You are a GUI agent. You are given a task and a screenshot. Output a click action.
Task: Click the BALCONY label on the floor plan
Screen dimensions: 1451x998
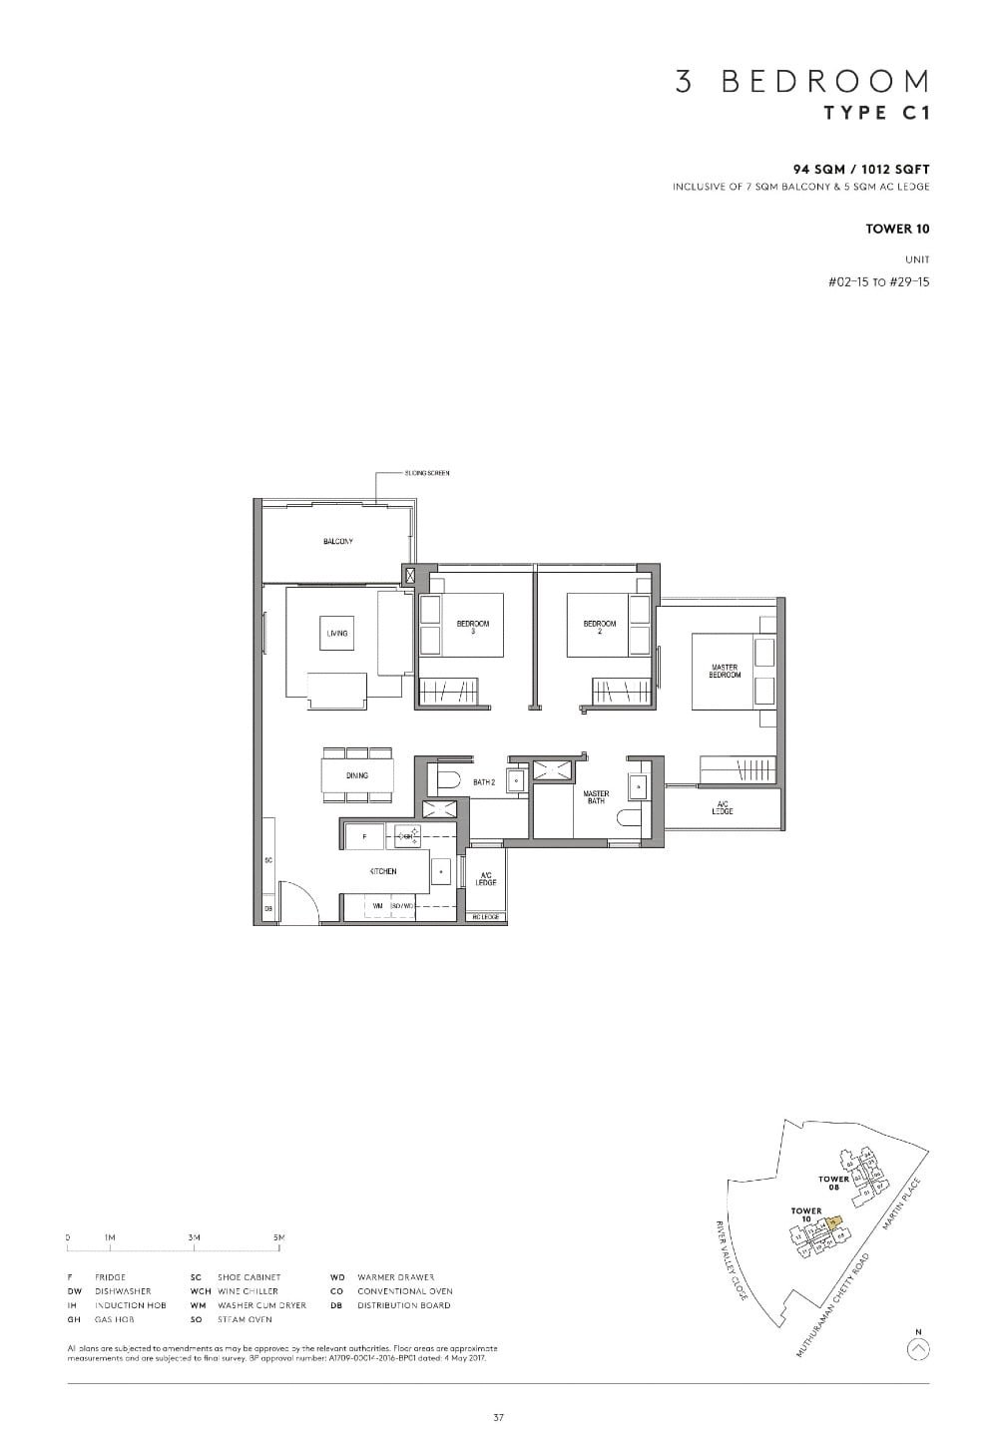(x=337, y=542)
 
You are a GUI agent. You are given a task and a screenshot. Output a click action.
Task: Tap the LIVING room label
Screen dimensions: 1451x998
(x=337, y=633)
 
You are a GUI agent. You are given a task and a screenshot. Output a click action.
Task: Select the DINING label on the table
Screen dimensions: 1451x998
(x=356, y=775)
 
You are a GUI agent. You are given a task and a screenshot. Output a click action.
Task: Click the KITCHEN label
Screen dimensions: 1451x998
(x=383, y=871)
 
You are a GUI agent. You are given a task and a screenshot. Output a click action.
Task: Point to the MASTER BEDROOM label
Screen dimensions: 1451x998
(x=725, y=671)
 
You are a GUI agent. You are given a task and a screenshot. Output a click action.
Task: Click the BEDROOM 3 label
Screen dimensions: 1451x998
(x=473, y=627)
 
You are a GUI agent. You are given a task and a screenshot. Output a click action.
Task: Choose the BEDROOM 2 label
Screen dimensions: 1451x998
(x=600, y=627)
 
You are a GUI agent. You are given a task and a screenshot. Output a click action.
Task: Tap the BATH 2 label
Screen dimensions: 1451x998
(x=484, y=782)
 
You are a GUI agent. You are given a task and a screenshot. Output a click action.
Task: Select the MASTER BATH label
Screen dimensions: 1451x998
(x=596, y=797)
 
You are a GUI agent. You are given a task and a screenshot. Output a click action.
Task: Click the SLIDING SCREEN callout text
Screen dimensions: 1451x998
(x=427, y=473)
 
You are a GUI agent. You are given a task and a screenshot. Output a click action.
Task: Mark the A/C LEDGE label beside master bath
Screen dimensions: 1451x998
(x=723, y=807)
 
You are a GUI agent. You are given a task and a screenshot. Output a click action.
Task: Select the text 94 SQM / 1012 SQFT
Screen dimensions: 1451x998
(x=861, y=171)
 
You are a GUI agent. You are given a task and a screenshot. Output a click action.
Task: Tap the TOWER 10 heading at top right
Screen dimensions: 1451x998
(x=897, y=229)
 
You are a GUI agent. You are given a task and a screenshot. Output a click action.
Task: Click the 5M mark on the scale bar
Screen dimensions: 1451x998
(x=279, y=1238)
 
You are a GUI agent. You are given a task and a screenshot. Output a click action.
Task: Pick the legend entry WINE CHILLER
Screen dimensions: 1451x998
(x=248, y=1291)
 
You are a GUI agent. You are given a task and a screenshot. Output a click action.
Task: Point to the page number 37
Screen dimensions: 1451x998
(x=498, y=1416)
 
